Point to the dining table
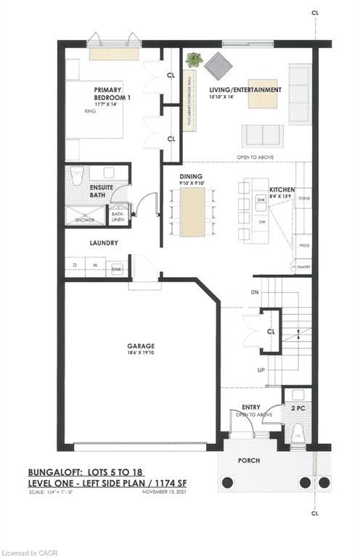192,212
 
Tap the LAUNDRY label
103,244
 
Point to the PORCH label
249,461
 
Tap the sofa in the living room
262,136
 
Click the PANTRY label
303,267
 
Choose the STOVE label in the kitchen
304,197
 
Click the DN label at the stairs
254,292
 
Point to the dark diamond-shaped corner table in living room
217,65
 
